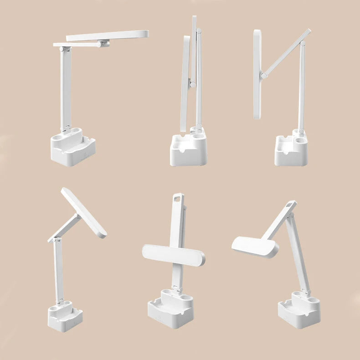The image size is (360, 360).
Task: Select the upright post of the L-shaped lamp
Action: coord(65,87)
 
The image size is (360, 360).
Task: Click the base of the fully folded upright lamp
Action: coord(188,153)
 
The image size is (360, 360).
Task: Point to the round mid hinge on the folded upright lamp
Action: coord(193,84)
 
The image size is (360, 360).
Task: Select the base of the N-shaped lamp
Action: coord(291,153)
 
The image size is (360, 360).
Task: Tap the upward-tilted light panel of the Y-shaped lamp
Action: coord(84,212)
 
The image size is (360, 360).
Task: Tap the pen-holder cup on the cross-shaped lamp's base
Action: coord(185,294)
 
